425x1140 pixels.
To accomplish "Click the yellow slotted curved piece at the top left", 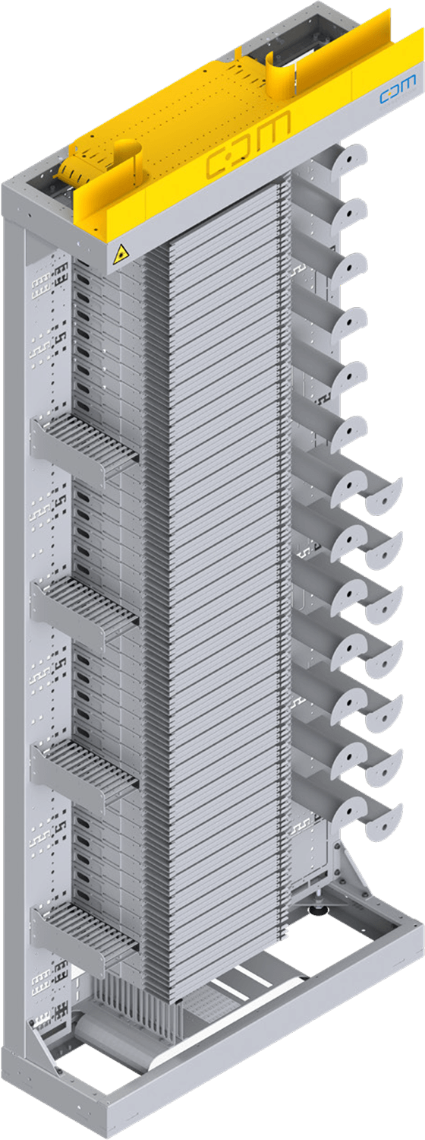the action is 76,170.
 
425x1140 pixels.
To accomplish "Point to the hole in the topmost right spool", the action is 351,158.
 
